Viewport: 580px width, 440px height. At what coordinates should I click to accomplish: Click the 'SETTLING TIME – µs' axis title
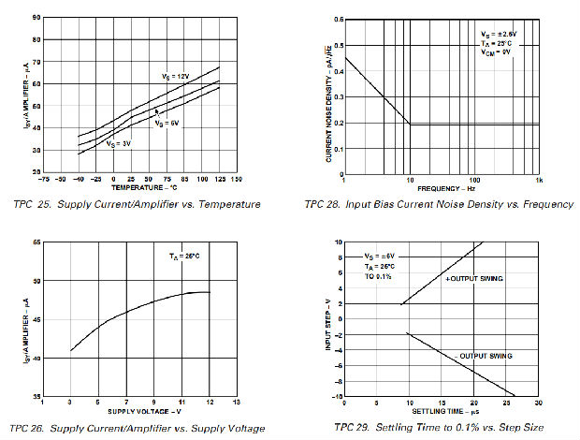441,412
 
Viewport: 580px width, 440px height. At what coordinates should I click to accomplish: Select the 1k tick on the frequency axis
540,179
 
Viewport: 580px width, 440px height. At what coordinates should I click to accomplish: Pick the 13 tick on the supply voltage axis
236,402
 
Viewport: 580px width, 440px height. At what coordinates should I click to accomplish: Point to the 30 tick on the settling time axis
538,403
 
